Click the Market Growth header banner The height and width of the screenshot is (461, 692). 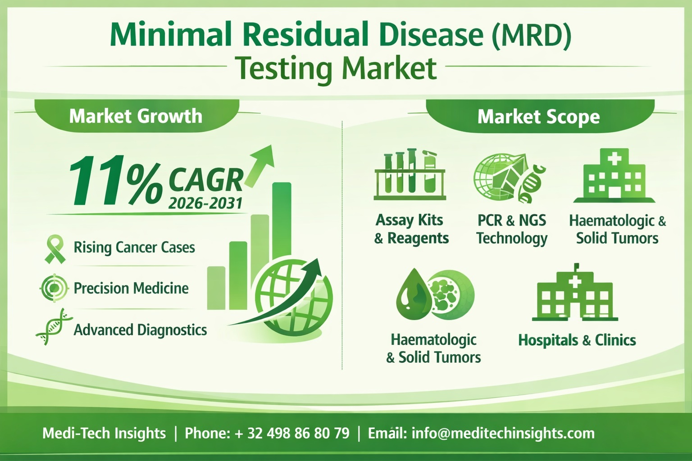(x=136, y=116)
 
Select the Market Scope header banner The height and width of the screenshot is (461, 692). (x=538, y=117)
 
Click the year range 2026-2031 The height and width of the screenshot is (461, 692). (x=205, y=203)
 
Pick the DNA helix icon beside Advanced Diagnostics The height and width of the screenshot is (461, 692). (x=54, y=327)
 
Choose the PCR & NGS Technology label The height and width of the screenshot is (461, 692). (x=512, y=229)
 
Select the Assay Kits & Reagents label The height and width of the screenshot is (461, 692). (x=411, y=229)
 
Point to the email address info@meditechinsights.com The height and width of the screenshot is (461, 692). (x=503, y=433)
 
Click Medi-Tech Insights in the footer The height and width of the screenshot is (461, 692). (x=104, y=433)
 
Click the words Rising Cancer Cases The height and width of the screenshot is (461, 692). (x=134, y=248)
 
